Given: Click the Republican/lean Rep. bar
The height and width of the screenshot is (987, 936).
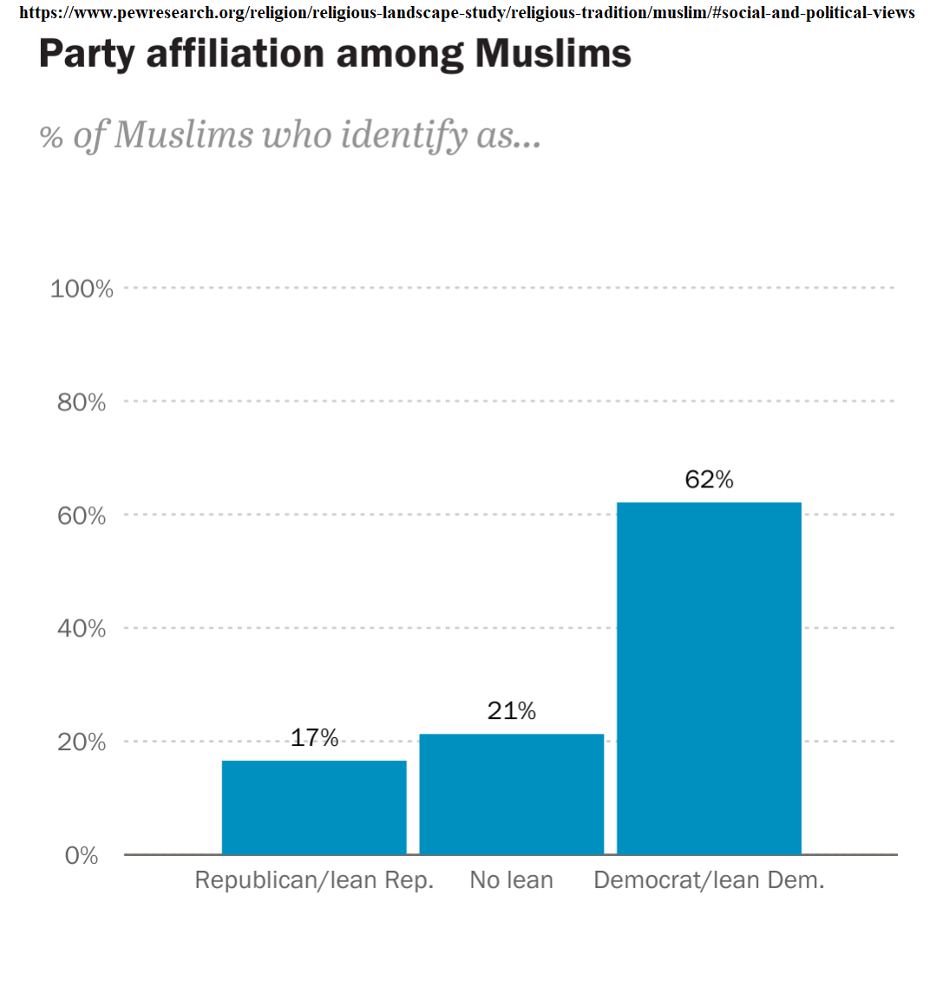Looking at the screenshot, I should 314,807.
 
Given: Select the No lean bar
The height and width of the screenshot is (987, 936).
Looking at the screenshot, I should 512,794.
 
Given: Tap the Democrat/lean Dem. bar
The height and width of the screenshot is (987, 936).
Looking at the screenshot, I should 709,678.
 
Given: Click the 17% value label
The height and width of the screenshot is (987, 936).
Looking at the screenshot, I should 314,738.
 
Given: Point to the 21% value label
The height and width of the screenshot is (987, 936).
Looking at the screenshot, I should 512,711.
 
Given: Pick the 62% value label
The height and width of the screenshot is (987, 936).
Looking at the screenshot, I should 709,480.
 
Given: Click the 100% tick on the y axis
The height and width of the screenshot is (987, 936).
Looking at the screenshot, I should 82,289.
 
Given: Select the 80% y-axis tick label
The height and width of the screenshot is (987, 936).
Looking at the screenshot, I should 82,402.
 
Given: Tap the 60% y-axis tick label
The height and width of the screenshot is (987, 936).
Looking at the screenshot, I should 82,516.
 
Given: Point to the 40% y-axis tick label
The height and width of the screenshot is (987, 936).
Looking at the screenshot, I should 82,629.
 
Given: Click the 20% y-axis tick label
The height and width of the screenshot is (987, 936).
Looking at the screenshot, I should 82,742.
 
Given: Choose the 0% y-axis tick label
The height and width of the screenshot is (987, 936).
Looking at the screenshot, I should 82,856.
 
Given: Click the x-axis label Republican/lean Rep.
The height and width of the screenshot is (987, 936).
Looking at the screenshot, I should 314,880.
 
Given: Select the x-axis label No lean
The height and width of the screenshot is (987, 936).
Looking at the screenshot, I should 512,880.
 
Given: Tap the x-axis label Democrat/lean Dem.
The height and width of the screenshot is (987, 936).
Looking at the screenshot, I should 709,880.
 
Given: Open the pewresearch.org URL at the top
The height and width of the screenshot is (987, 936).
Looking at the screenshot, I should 467,12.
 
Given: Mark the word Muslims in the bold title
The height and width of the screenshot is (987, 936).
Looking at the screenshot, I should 553,55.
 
